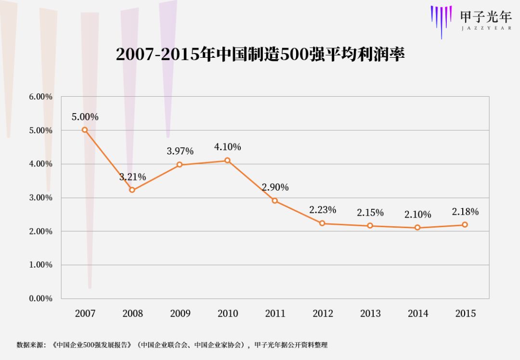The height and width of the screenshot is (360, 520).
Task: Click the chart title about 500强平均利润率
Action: tap(260, 54)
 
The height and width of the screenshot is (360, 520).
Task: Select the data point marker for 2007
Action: tap(85, 130)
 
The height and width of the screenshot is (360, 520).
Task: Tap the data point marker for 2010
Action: tap(228, 160)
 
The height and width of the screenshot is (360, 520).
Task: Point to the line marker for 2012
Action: tap(322, 223)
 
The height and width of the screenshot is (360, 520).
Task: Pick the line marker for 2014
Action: tap(417, 228)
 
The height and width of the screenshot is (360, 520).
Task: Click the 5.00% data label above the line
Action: tap(85, 117)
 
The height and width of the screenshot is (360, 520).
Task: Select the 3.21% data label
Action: tap(132, 177)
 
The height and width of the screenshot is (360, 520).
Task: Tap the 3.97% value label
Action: tap(180, 151)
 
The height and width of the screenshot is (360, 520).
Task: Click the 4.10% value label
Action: tap(228, 147)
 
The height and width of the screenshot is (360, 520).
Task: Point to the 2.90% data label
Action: tap(275, 187)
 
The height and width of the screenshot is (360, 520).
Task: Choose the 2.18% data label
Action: tap(465, 212)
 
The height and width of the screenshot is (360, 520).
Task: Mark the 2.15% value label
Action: tap(370, 213)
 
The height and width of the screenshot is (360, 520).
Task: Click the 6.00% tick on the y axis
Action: tap(40, 97)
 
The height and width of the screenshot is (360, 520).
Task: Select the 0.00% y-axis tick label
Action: tap(40, 298)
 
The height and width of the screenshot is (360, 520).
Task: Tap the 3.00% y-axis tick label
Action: tap(40, 198)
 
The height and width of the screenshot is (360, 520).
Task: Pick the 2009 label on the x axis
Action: tap(180, 314)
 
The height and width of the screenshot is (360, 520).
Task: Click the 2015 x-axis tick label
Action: tap(465, 314)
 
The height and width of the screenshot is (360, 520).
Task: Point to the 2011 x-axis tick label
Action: tap(275, 314)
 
